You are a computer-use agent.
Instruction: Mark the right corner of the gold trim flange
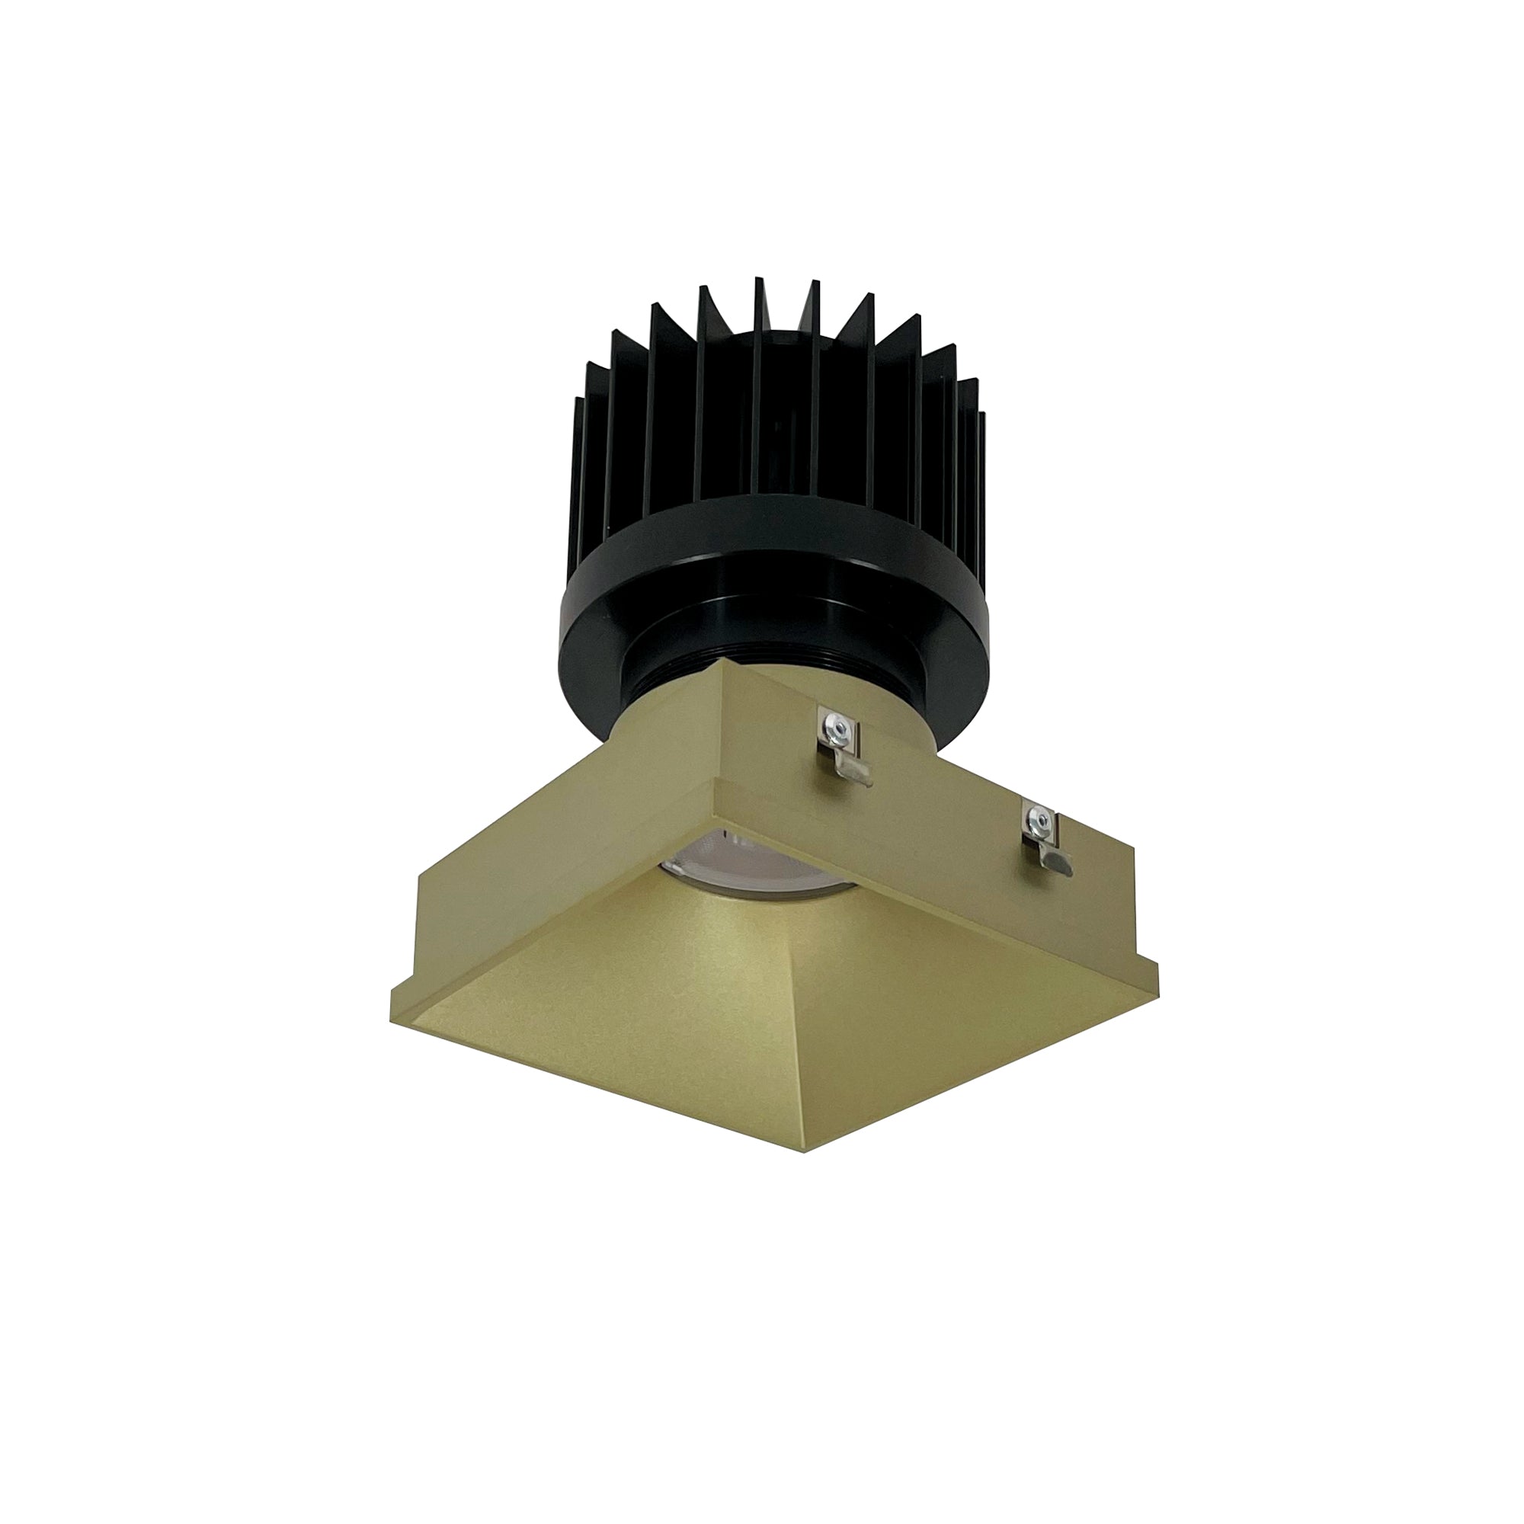click(x=1157, y=986)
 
